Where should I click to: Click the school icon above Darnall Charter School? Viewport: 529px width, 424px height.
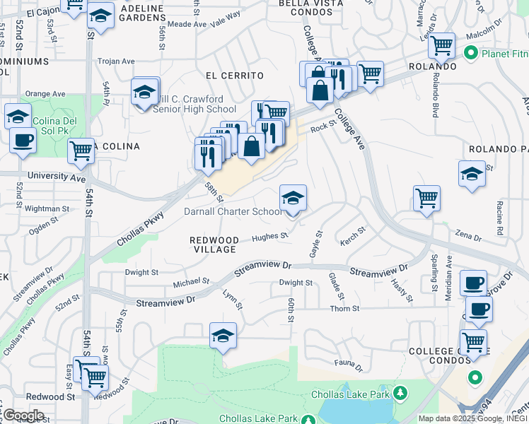[293, 197]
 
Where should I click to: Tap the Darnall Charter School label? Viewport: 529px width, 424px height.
[233, 212]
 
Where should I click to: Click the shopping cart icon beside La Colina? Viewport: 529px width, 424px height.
[81, 150]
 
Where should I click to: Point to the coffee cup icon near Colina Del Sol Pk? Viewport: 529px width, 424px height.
[23, 139]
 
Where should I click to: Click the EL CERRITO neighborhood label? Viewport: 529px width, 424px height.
[234, 76]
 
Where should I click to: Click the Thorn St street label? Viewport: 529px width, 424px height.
[344, 309]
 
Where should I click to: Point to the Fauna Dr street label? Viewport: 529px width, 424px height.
[348, 367]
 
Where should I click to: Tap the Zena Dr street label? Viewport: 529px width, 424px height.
[468, 233]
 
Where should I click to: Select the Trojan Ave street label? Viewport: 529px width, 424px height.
[116, 61]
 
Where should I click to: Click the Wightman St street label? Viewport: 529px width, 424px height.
[47, 208]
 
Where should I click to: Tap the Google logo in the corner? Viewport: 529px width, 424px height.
[23, 415]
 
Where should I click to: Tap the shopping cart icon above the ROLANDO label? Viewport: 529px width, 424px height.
[441, 46]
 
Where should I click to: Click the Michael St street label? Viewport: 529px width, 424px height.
[191, 282]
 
